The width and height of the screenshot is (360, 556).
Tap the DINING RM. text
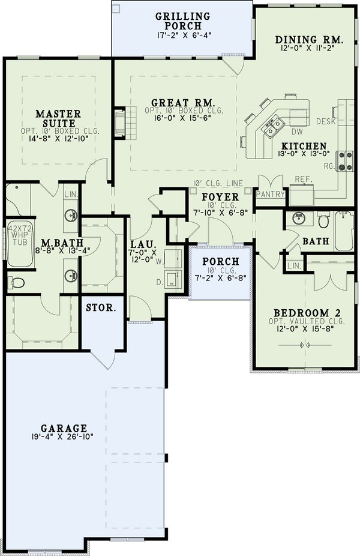click(x=309, y=41)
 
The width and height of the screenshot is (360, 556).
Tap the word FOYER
click(x=220, y=197)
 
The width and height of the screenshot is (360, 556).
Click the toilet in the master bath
click(x=16, y=281)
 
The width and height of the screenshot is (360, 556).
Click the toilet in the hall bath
click(x=324, y=222)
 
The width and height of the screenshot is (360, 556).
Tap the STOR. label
click(x=102, y=308)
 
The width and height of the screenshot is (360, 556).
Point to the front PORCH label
click(x=220, y=262)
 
